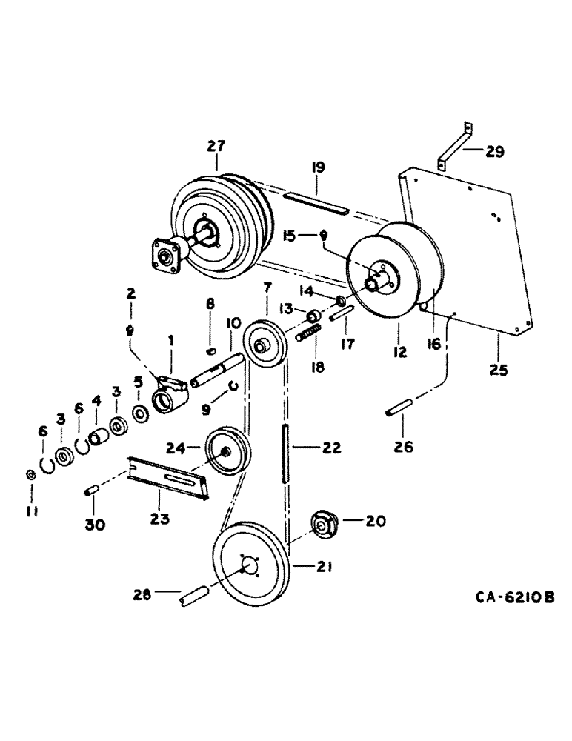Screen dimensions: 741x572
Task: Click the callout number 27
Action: tap(216, 146)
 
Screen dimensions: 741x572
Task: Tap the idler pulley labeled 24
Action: tap(226, 453)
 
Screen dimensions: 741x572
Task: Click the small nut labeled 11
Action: tap(29, 474)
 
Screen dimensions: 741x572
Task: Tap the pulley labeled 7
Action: tap(263, 342)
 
